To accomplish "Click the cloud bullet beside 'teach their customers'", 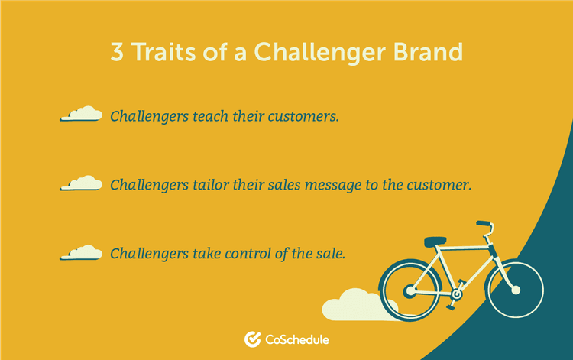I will (x=81, y=115).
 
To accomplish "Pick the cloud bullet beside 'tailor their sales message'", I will (x=81, y=183).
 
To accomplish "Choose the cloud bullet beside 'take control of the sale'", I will (x=81, y=251).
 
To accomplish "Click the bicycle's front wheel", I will (x=514, y=290).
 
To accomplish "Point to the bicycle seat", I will (x=435, y=242).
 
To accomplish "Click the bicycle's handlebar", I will (x=484, y=226).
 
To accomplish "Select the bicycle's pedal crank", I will (x=458, y=293).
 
